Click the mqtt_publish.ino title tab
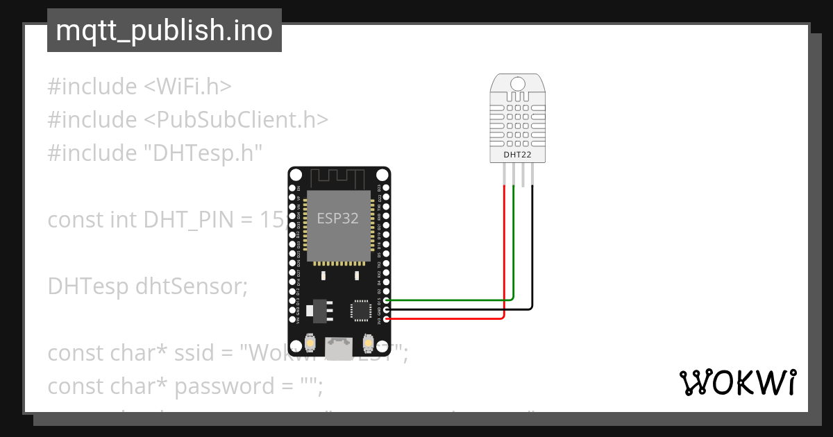[x=164, y=31]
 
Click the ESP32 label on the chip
[x=338, y=218]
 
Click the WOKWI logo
[x=737, y=383]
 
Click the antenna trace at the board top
[x=338, y=179]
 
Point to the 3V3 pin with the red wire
[x=386, y=318]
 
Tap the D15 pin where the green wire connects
[x=386, y=300]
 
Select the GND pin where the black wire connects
[x=386, y=309]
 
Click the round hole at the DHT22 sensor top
[x=518, y=84]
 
